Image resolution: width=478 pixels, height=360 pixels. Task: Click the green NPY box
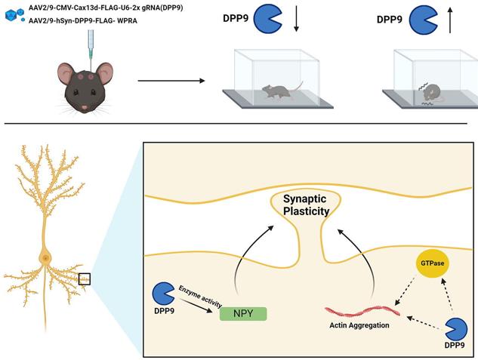click(x=242, y=312)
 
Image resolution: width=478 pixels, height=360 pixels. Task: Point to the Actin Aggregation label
click(x=359, y=325)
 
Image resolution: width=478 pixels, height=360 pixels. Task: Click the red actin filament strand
click(x=360, y=310)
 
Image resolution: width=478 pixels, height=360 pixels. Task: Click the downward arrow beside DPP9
click(x=296, y=17)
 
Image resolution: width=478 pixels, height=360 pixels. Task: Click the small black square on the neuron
click(x=84, y=279)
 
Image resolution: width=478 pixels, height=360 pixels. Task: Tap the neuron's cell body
click(x=47, y=259)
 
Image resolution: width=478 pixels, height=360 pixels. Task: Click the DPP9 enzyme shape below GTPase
click(x=455, y=329)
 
